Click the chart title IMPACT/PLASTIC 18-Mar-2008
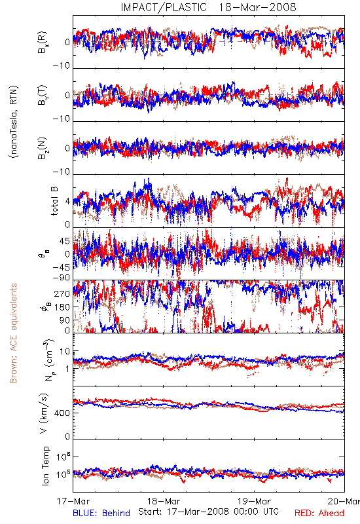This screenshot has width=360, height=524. click(208, 7)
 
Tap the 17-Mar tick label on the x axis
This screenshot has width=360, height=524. click(73, 501)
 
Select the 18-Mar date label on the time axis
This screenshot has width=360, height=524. click(164, 501)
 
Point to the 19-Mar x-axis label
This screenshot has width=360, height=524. click(254, 501)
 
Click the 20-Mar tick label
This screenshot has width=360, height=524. click(344, 501)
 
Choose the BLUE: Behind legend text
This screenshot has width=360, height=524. click(101, 513)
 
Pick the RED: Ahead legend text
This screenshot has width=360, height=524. click(319, 513)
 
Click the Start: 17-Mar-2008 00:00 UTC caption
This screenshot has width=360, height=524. click(208, 512)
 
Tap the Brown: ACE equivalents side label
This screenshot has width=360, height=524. click(13, 333)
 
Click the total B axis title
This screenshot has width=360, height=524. click(54, 201)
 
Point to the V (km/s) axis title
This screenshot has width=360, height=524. click(44, 413)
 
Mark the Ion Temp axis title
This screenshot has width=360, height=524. click(45, 466)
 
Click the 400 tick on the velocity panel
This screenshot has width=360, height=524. click(62, 413)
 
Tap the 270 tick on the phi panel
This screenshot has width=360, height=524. click(62, 293)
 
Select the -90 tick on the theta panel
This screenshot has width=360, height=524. click(61, 278)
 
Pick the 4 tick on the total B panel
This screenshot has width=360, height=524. click(68, 202)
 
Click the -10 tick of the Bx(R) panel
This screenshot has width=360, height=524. click(61, 66)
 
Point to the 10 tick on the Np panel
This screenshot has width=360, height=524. click(65, 352)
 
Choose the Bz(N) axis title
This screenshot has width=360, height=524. click(43, 148)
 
